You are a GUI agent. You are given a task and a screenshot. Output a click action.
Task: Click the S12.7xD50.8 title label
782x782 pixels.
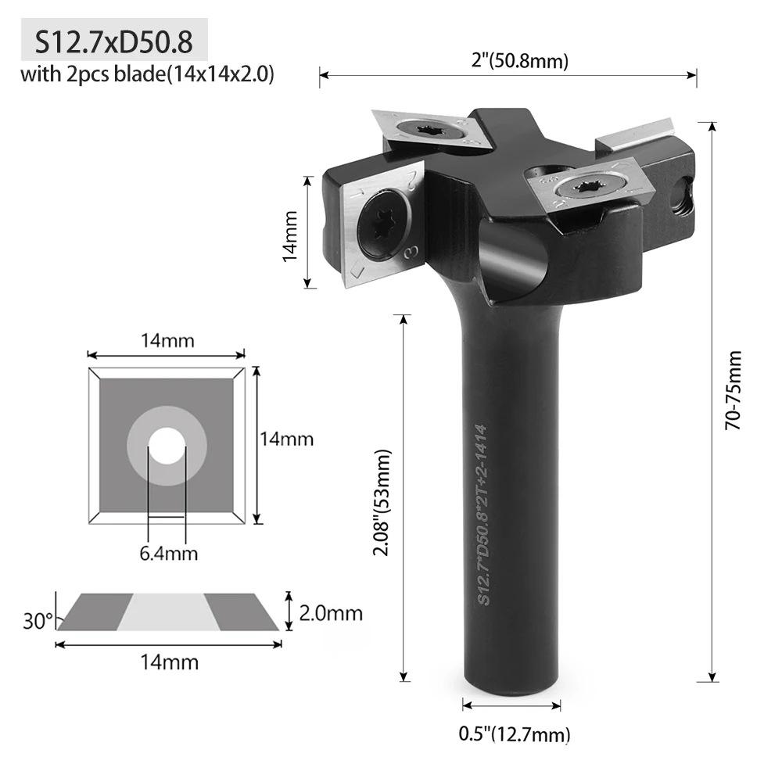113,40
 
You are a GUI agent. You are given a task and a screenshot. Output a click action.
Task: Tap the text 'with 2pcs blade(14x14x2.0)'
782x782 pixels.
146,76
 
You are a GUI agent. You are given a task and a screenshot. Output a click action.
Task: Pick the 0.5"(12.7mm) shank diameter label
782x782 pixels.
513,734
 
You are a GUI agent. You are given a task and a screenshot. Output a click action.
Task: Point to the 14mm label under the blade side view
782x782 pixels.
169,662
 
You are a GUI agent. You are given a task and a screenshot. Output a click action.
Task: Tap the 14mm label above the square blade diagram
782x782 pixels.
167,341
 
